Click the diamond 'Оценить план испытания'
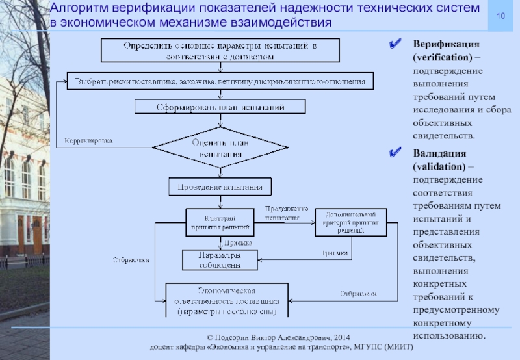tap(218, 148)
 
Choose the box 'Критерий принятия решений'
tap(218, 222)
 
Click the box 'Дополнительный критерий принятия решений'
tap(350, 222)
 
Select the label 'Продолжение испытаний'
tap(285, 212)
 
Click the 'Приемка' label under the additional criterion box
tap(335, 253)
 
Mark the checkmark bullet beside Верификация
tap(393, 45)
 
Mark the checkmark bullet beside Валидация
tap(393, 155)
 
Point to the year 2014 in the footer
tap(341, 338)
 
